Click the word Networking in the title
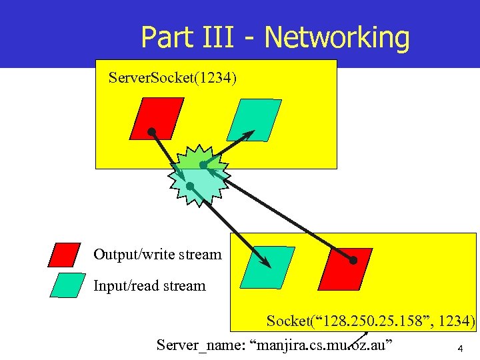pyautogui.click(x=337, y=37)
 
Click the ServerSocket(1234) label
pyautogui.click(x=172, y=79)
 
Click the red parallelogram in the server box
pyautogui.click(x=157, y=119)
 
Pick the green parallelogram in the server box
pyautogui.click(x=255, y=120)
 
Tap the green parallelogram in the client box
pyautogui.click(x=267, y=267)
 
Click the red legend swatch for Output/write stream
pyautogui.click(x=65, y=255)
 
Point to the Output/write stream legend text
pyautogui.click(x=157, y=254)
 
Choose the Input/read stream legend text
pyautogui.click(x=149, y=286)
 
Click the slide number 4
pyautogui.click(x=460, y=348)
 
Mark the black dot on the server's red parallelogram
pyautogui.click(x=152, y=132)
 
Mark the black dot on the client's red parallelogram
pyautogui.click(x=353, y=260)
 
